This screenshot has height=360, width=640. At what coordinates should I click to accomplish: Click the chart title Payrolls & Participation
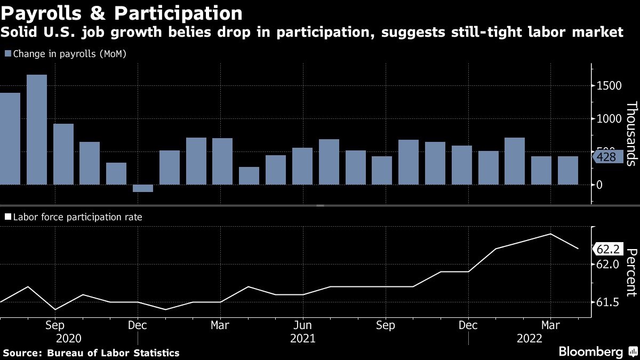(x=122, y=12)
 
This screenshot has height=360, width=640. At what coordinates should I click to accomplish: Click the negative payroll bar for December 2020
(x=143, y=188)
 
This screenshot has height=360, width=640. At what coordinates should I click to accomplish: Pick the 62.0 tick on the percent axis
(x=607, y=265)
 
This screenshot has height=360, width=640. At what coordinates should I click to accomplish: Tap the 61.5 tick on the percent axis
(x=607, y=302)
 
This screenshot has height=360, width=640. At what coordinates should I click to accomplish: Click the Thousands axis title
(x=631, y=133)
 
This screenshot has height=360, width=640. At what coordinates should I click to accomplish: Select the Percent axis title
(x=631, y=272)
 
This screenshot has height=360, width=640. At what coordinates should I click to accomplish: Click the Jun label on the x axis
(x=303, y=325)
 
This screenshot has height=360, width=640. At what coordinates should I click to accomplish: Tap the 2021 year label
(x=303, y=339)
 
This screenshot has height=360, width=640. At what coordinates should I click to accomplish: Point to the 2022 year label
(x=530, y=339)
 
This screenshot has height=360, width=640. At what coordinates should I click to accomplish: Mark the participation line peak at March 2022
(x=550, y=234)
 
